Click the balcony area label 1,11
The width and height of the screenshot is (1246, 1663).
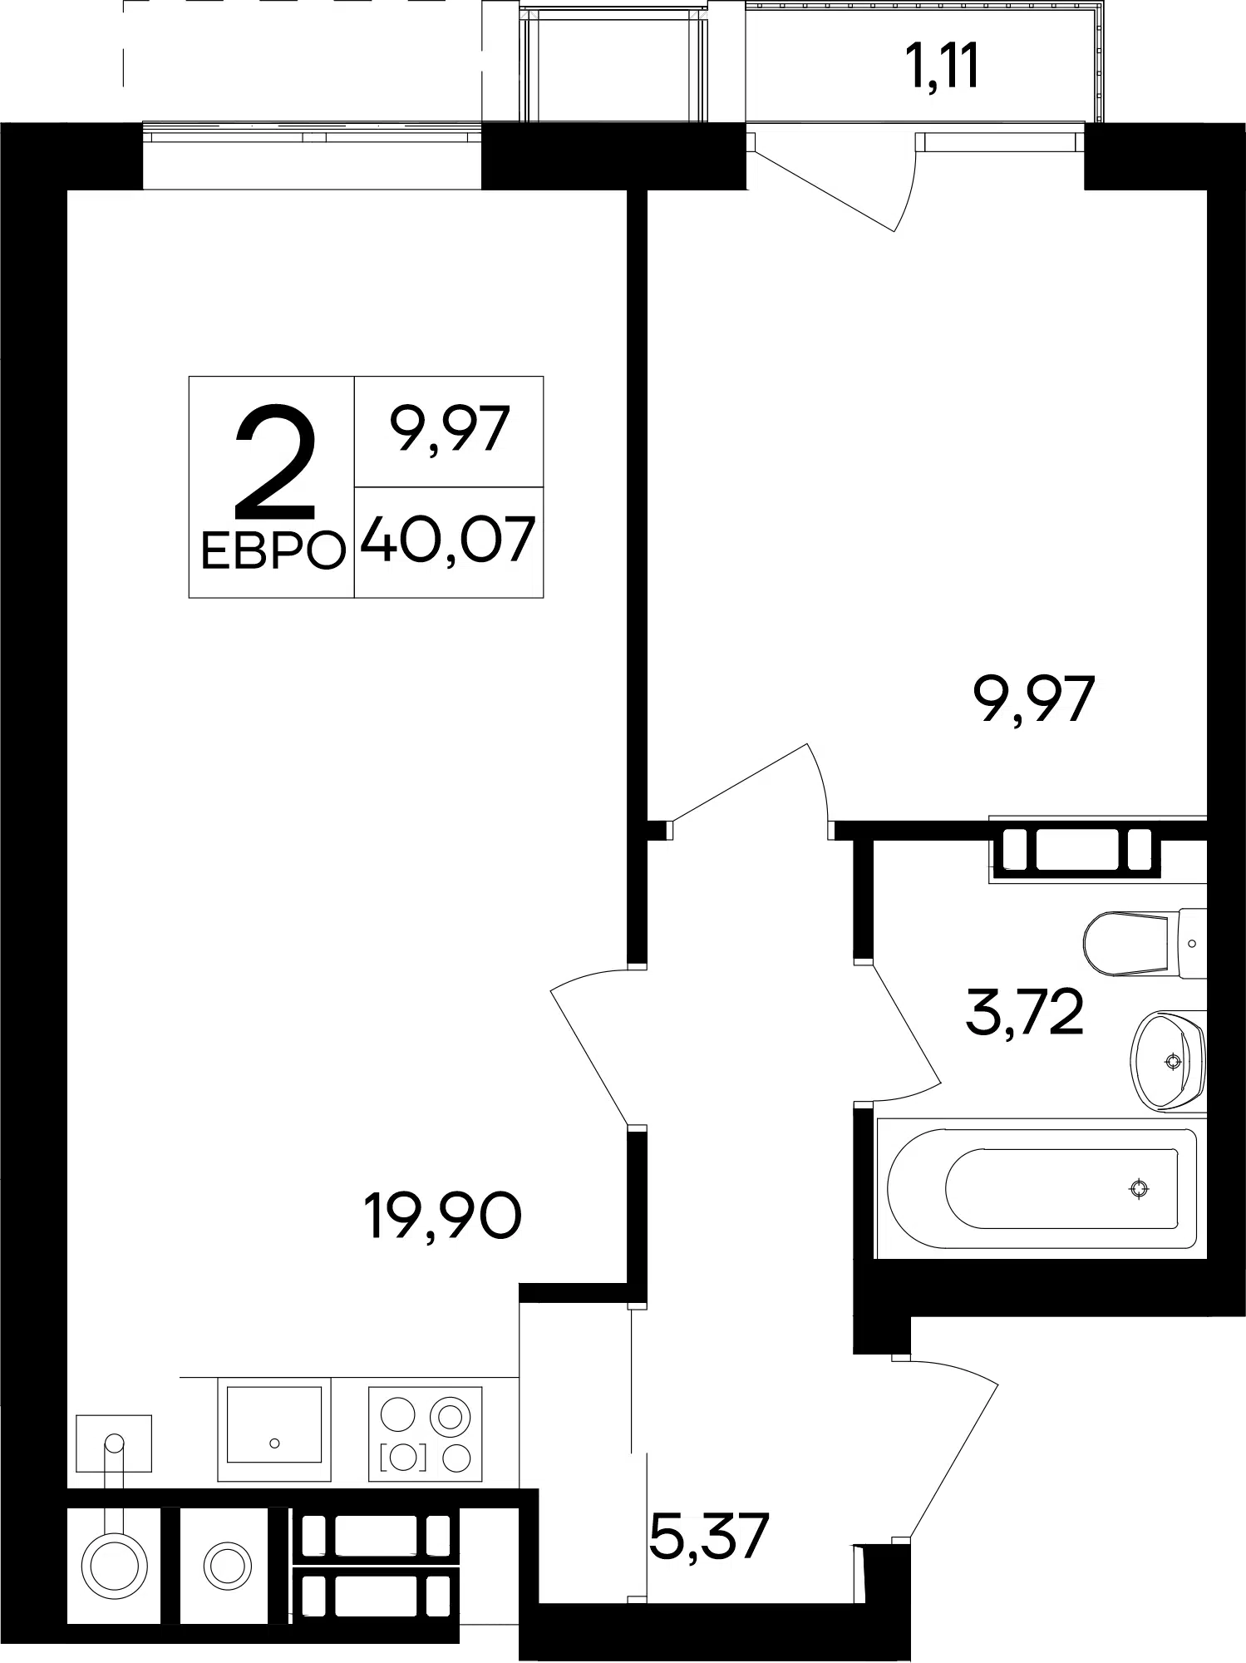coord(943,67)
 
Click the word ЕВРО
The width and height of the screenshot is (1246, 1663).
coord(273,550)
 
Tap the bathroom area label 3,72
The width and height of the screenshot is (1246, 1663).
coord(1025,1013)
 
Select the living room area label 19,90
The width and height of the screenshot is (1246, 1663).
coord(443,1216)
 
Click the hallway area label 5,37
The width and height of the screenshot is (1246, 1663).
coord(708,1538)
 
